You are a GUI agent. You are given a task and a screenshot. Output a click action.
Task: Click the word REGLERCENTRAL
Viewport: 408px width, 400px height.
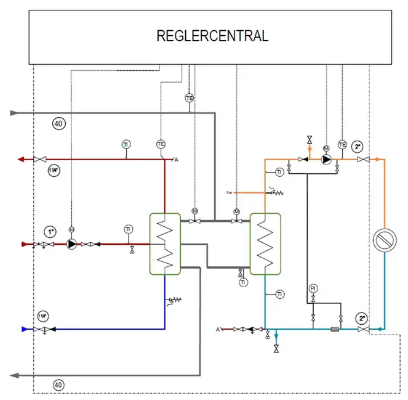[x=212, y=36]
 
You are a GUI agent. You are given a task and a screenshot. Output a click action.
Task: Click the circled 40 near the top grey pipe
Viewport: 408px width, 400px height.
[x=58, y=124]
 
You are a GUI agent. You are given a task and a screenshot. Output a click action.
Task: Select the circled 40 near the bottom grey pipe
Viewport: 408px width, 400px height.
[x=58, y=386]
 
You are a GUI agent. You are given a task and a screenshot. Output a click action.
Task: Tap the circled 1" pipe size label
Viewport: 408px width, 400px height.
[x=50, y=232]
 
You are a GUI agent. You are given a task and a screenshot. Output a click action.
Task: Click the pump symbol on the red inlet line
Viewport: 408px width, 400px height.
[x=72, y=244]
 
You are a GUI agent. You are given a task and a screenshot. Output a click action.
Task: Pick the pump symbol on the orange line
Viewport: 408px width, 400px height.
[x=326, y=159]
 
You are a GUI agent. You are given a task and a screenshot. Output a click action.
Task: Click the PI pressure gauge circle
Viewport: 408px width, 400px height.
[x=313, y=288]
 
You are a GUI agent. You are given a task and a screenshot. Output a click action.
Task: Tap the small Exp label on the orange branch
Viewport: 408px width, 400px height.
[x=229, y=192]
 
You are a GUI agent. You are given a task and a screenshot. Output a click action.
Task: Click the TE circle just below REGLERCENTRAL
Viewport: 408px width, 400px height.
[x=190, y=98]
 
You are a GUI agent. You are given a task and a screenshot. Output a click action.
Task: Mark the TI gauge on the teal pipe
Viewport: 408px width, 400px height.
[x=280, y=293]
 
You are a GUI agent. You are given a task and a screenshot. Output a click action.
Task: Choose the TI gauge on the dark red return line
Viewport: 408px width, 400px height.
[x=126, y=144]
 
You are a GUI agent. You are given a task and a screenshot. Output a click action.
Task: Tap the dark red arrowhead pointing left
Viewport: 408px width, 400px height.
[x=21, y=159]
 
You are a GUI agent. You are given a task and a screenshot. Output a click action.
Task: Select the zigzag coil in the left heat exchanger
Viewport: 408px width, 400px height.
[x=164, y=243]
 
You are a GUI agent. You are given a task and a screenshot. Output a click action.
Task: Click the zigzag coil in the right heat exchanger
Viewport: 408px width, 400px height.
[x=265, y=243]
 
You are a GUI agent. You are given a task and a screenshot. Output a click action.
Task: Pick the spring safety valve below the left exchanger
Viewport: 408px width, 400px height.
[x=175, y=301]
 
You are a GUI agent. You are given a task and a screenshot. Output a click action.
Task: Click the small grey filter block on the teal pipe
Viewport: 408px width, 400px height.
[x=335, y=329]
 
